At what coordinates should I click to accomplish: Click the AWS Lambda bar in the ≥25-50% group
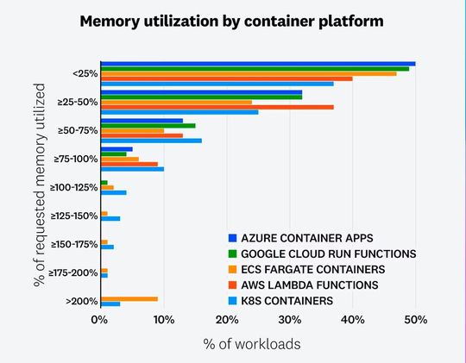coord(217,107)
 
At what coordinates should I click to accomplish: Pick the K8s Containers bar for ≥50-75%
coord(151,140)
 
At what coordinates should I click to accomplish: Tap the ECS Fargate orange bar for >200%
coord(129,298)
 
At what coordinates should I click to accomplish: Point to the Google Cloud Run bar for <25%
coord(255,68)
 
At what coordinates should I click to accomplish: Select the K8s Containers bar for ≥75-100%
coord(132,168)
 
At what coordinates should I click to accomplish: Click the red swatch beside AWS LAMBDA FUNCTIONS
coord(232,285)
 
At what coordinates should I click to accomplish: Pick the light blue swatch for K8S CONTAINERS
coord(232,300)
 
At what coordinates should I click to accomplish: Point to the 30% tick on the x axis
coord(289,320)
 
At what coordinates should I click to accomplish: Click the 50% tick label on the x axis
coord(416,320)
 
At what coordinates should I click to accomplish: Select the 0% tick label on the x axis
coord(100,320)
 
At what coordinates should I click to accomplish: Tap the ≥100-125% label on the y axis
coord(75,187)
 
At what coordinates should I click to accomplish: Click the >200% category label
coord(82,301)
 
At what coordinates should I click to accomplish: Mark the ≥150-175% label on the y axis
coord(75,244)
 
